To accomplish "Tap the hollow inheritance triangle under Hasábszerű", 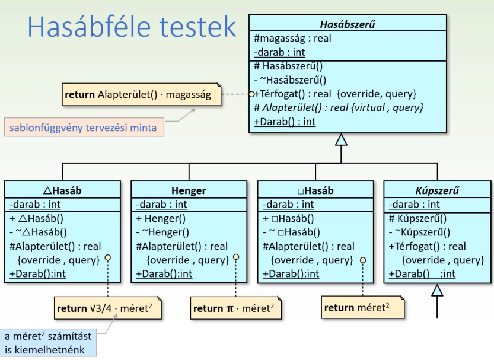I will coord(341,139).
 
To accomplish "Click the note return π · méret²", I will coord(235,309).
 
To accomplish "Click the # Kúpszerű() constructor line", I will coord(418,218).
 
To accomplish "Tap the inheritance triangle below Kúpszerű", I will coord(437,290).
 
